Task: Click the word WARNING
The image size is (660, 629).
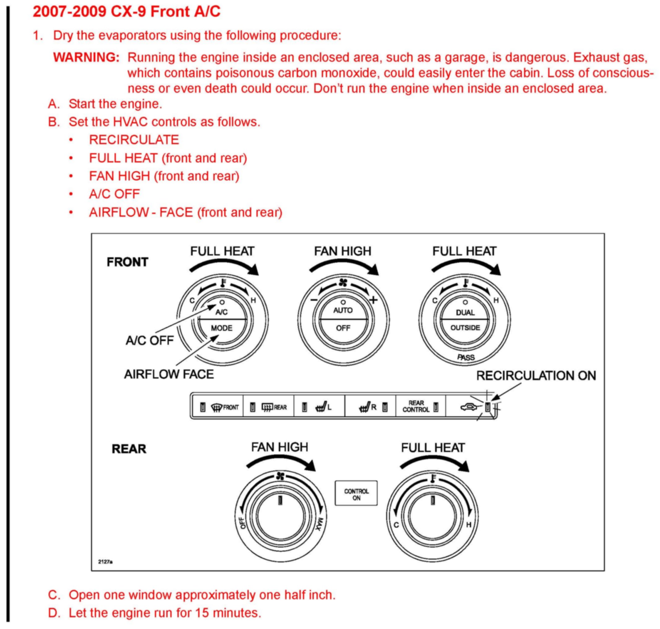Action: (x=86, y=57)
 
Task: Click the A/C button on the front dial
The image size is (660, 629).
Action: (x=221, y=312)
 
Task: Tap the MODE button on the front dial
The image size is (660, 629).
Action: (x=221, y=328)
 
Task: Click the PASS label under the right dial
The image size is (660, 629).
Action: (x=466, y=357)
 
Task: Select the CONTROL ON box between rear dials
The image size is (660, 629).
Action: (x=356, y=494)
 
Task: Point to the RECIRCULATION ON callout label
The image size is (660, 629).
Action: (x=536, y=375)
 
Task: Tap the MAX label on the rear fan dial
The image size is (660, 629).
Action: (x=320, y=524)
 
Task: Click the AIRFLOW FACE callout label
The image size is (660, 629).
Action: (x=169, y=374)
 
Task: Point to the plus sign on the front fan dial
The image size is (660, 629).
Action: (x=373, y=300)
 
